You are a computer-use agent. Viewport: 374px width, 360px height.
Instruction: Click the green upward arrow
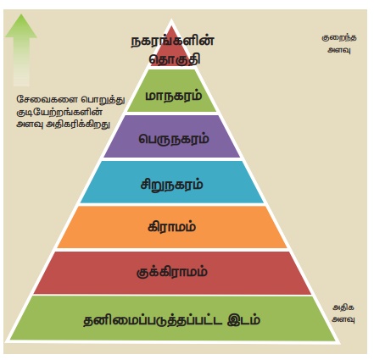tap(21, 50)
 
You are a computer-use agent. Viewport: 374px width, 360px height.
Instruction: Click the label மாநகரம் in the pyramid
tap(174, 96)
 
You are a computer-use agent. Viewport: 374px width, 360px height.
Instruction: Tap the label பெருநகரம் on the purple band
tap(174, 139)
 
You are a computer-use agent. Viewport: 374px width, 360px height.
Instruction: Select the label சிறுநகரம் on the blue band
tap(172, 185)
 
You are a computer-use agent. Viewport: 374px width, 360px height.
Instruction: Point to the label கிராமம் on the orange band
tap(172, 227)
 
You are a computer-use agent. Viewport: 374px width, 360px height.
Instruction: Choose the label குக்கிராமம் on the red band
tap(172, 272)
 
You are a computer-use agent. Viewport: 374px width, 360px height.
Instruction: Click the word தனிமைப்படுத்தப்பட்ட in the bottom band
tap(153, 320)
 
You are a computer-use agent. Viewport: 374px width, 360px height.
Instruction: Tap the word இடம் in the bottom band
tap(244, 320)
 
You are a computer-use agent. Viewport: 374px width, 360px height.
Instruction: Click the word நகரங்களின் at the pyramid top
tap(172, 42)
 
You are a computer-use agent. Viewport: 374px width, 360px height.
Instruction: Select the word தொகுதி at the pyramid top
tap(175, 59)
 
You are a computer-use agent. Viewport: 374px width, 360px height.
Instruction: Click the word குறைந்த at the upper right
tap(339, 38)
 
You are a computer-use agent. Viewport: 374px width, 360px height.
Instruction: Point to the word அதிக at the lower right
tap(343, 307)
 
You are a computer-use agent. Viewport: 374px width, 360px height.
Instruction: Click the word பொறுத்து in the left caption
tap(103, 100)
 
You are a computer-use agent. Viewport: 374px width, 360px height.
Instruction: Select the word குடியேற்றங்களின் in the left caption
tap(59, 112)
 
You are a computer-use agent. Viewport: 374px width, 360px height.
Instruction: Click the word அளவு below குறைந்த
tap(339, 50)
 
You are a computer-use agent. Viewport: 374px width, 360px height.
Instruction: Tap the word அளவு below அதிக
tap(343, 319)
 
